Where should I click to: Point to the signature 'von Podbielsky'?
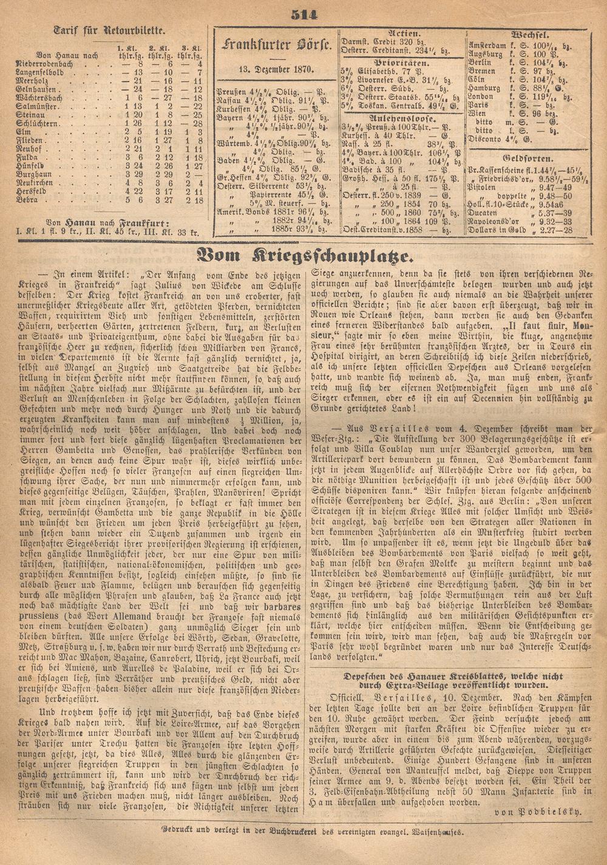(x=538, y=811)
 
